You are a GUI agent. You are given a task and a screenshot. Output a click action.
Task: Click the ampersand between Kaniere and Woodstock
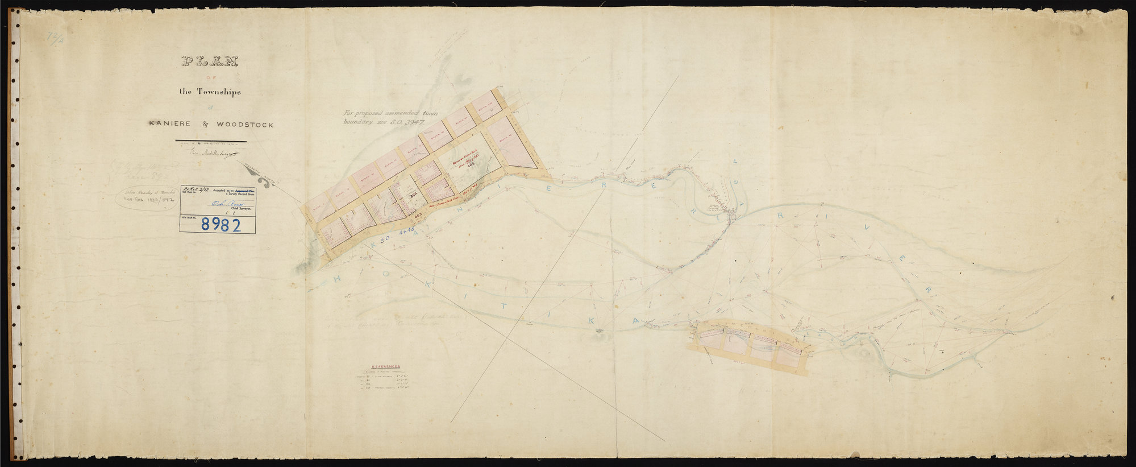[199, 124]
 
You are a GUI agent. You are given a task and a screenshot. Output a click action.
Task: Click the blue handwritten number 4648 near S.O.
[408, 231]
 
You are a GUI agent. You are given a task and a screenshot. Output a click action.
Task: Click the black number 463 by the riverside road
[418, 216]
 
